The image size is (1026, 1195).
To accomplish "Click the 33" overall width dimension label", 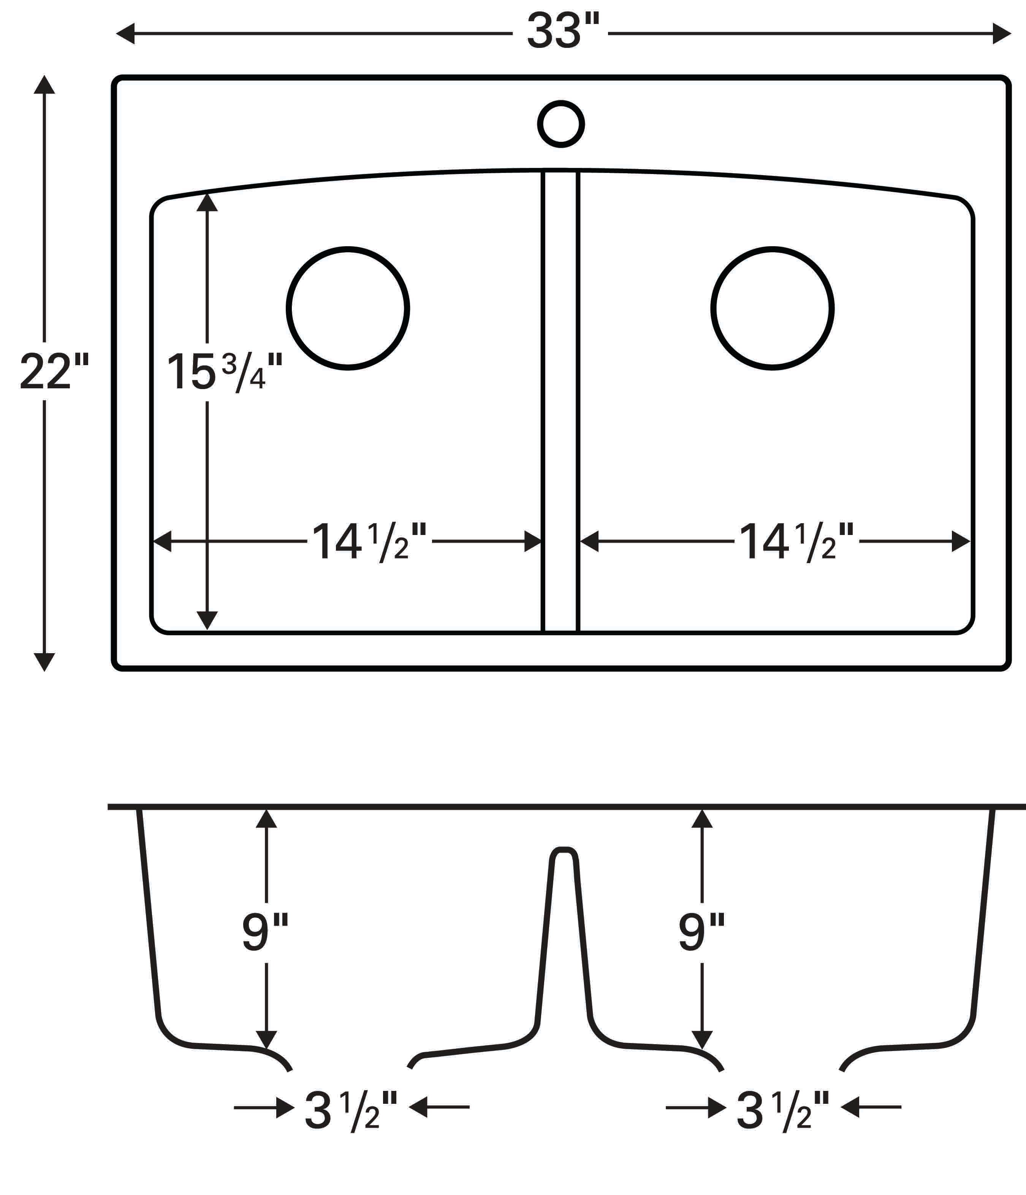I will point(562,32).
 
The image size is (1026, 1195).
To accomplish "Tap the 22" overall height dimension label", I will point(54,372).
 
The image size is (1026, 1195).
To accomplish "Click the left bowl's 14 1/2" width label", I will point(369,542).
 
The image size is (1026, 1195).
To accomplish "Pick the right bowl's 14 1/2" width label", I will point(796,542).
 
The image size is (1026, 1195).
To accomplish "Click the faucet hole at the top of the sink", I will point(560,124).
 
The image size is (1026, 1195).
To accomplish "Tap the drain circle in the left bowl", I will point(348,308).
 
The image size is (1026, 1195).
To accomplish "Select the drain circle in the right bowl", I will point(772,308).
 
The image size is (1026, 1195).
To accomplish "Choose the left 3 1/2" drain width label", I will point(351,1111).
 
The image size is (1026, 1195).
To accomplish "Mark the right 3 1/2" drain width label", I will point(783,1111).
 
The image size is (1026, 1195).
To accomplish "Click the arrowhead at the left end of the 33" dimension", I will point(126,33).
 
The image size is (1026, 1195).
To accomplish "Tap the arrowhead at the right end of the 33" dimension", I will point(1001,33).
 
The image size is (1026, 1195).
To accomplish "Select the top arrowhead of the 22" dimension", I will point(44,85).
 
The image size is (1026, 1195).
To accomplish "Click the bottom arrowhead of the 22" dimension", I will point(44,662).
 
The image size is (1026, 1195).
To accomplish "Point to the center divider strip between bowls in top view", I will point(560,404).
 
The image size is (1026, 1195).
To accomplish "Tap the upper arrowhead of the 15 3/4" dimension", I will point(207,203).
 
